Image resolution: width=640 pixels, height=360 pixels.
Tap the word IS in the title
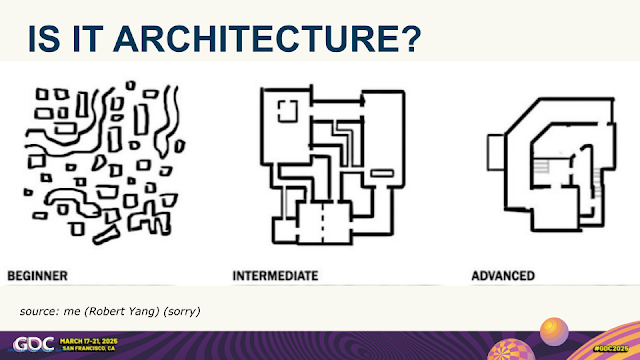point(45,37)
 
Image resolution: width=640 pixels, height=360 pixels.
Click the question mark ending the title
point(407,37)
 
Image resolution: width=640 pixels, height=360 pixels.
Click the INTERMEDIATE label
point(275,274)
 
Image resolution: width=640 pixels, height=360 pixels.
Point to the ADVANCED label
point(502,274)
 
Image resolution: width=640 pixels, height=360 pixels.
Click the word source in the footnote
point(39,312)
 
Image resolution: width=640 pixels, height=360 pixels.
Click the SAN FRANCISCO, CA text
point(98,349)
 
